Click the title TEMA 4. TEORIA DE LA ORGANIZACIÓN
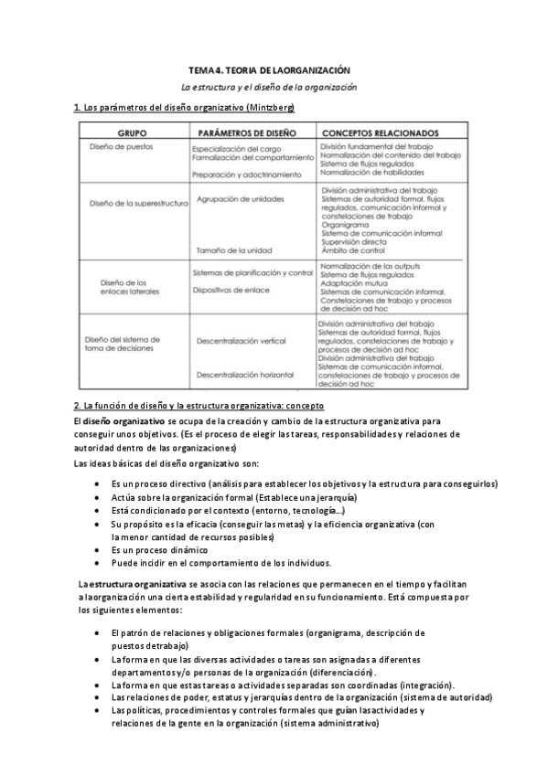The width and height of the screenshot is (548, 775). pyautogui.click(x=269, y=69)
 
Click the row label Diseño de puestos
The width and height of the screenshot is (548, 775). pyautogui.click(x=122, y=146)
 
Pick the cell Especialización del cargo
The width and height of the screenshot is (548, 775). pyautogui.click(x=237, y=148)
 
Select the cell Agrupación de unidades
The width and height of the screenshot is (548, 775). pyautogui.click(x=240, y=198)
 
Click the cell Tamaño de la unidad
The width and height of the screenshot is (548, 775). pyautogui.click(x=233, y=249)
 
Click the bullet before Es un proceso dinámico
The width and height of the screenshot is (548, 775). pyautogui.click(x=98, y=550)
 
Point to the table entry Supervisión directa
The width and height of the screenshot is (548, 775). pyautogui.click(x=355, y=240)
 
